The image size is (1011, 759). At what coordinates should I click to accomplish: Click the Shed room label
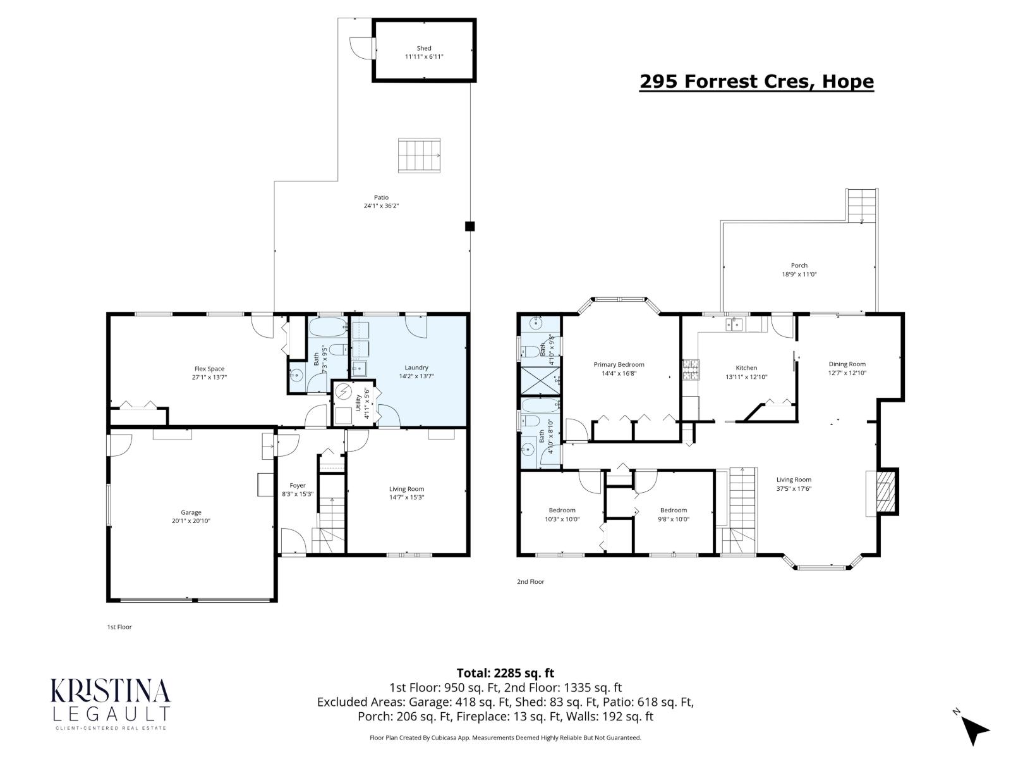[424, 48]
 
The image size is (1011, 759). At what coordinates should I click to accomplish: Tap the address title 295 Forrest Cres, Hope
[756, 82]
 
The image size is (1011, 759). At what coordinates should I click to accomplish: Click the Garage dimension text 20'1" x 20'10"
[191, 521]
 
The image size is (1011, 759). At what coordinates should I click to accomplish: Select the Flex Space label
[209, 369]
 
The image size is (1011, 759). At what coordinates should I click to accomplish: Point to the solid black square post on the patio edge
[469, 226]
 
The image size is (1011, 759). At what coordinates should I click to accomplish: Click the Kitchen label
[746, 368]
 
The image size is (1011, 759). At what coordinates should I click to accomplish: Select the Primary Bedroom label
[619, 364]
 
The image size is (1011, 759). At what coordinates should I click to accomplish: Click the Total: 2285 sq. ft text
[505, 673]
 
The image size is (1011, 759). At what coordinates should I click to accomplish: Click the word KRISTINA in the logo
[110, 691]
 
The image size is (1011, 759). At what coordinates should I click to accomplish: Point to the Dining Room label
[847, 364]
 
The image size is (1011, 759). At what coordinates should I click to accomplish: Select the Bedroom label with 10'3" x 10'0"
[562, 510]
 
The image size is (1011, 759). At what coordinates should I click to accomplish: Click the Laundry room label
[416, 367]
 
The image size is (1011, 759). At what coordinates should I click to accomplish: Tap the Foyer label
[297, 486]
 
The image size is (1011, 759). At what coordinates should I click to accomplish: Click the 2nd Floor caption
[530, 582]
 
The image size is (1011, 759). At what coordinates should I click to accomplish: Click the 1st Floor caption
[119, 627]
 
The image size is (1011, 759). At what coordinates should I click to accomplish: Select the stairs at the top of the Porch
[863, 205]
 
